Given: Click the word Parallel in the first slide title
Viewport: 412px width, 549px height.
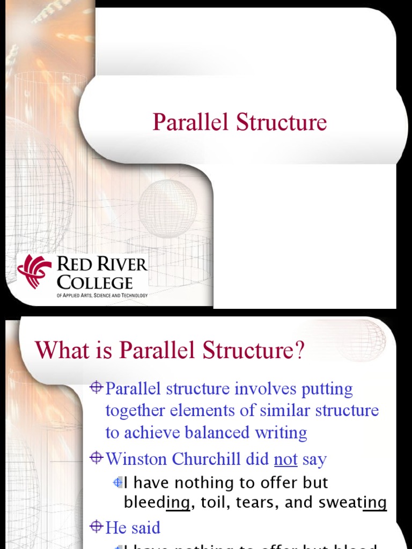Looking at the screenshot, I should point(192,122).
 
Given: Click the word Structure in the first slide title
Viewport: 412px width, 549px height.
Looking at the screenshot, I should point(282,122).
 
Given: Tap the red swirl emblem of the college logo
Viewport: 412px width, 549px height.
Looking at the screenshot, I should point(35,271).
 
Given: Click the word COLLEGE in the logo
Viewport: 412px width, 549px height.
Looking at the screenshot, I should point(94,282).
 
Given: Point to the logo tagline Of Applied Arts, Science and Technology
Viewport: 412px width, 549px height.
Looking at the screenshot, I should point(102,295).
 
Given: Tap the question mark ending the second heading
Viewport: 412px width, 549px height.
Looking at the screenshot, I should point(299,351).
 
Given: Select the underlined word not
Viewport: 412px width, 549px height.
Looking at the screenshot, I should point(285,459).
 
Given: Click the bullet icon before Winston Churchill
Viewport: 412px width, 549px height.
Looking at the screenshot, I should point(97,458).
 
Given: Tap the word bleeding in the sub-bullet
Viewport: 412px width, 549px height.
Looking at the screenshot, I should point(157,502).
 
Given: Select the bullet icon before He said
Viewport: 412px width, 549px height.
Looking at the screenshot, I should point(97,526).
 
